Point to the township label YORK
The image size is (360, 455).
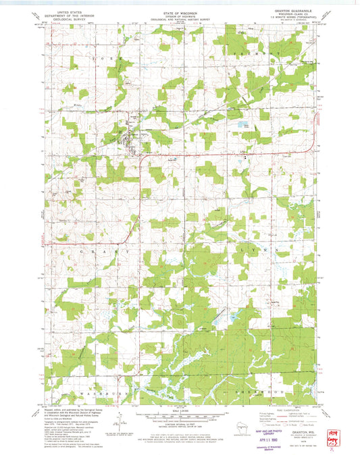coord(111,59)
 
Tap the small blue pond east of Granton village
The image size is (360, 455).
coord(240,124)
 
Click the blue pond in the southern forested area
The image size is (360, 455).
coord(233,315)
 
